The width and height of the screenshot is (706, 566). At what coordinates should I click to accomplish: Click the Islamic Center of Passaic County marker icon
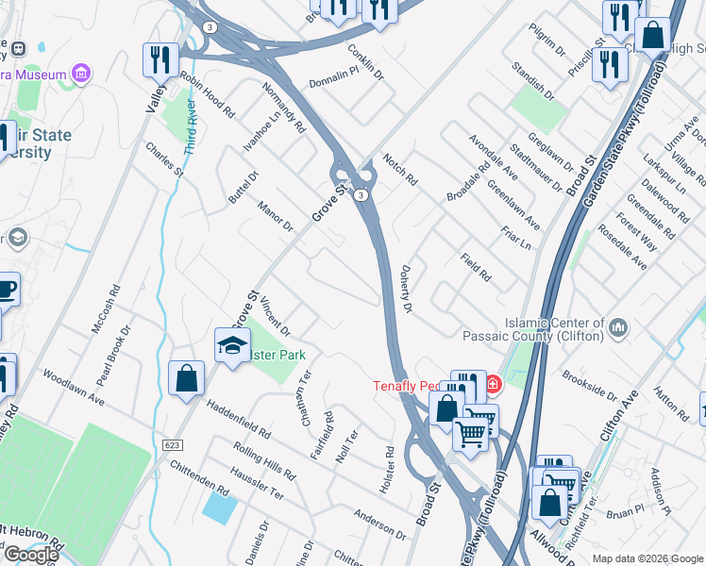click(x=619, y=327)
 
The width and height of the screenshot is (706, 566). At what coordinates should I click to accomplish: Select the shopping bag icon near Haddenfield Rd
click(x=187, y=378)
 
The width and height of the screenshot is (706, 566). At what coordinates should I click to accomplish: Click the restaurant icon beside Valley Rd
click(x=160, y=60)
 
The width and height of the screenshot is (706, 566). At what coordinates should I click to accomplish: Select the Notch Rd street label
click(x=398, y=167)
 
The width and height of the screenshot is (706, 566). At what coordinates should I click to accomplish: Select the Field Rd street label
click(x=476, y=268)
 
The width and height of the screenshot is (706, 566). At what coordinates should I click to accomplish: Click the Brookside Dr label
click(x=586, y=386)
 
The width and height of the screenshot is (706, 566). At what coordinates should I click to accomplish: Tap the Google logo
click(x=30, y=554)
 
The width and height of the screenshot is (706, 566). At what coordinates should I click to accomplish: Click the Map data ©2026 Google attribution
click(x=647, y=558)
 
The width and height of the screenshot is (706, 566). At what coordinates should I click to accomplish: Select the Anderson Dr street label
click(x=379, y=524)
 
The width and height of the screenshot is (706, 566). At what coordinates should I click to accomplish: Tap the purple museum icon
click(x=81, y=73)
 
